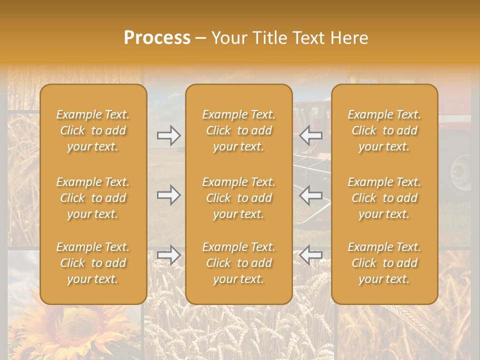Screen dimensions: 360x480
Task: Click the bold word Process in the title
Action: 157,38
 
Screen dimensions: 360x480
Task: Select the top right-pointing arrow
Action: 169,135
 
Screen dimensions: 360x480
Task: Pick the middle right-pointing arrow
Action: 169,195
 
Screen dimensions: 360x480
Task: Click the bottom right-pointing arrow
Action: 169,255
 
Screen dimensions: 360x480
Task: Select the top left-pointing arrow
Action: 311,135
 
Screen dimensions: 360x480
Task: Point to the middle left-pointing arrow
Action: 311,195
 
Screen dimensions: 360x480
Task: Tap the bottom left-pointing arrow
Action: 311,255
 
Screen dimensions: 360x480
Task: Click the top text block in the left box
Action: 93,130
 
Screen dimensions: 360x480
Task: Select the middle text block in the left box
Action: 93,198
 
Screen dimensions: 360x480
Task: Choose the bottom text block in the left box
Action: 93,263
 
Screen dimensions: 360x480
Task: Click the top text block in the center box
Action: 238,130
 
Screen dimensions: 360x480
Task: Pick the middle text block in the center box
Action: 238,198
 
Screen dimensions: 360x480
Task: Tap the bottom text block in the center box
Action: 238,263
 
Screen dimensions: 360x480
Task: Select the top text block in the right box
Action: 384,130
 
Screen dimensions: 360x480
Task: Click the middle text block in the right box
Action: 384,198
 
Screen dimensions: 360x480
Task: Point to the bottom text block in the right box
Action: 384,263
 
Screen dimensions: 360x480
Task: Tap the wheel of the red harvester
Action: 461,172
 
